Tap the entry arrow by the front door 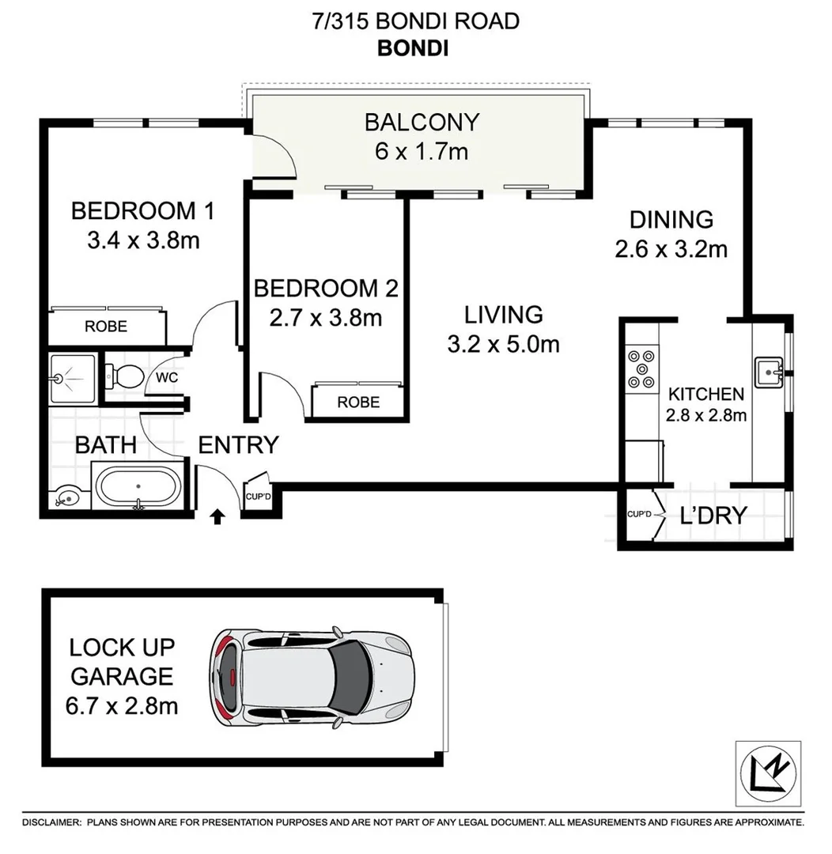(218, 516)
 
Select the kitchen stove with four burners (641, 369)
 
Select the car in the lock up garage (310, 677)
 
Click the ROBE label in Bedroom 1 (106, 326)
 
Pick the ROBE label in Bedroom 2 (358, 402)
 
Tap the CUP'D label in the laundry (639, 515)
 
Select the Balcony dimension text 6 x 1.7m (422, 151)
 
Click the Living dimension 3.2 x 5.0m (503, 344)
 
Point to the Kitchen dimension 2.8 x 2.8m (706, 414)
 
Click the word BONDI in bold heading (413, 47)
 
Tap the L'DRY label (713, 516)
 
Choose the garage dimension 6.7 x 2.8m (123, 705)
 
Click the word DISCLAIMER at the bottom (51, 823)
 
